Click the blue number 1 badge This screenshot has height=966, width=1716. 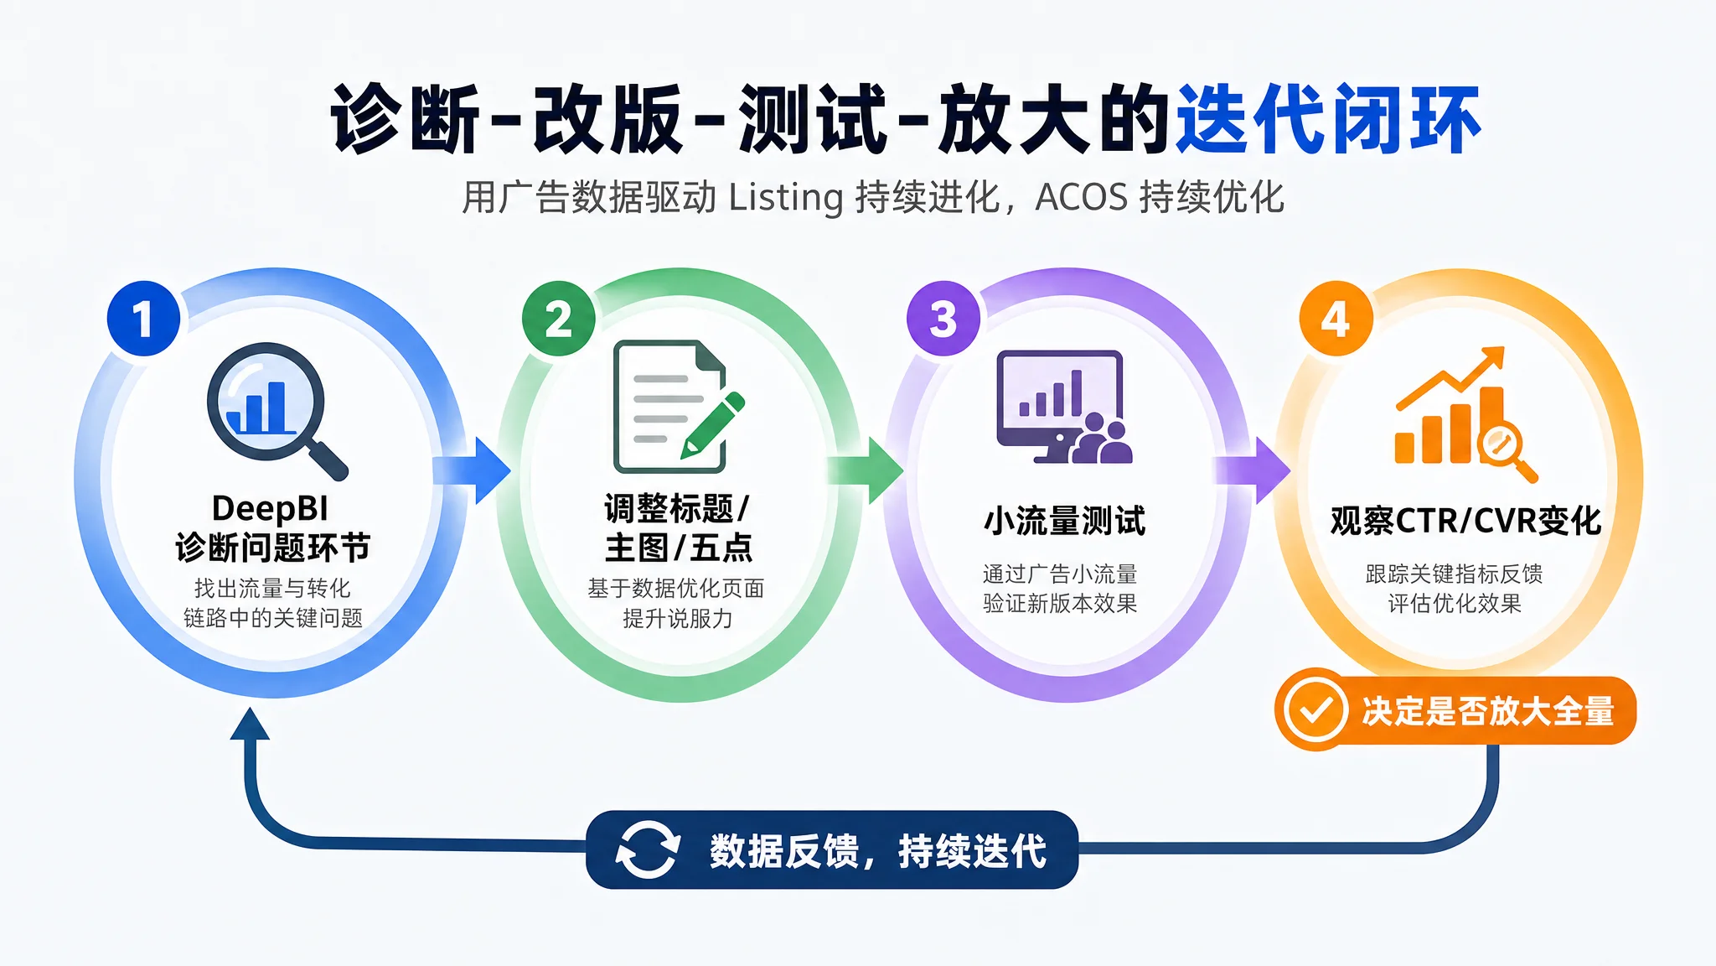tap(143, 319)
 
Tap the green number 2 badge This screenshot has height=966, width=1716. tap(558, 319)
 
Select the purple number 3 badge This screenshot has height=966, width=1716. tap(943, 319)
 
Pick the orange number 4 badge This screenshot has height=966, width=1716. tap(1336, 319)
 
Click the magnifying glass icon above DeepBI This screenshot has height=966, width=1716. tap(277, 411)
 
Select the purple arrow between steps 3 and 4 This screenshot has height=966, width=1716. tap(1253, 470)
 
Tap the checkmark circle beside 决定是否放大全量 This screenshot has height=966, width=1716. tap(1315, 710)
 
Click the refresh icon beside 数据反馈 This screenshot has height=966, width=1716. tap(647, 850)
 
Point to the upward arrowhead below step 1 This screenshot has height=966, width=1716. tap(250, 723)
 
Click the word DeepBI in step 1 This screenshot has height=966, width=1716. tap(270, 508)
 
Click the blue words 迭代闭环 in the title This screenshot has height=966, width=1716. tap(1329, 119)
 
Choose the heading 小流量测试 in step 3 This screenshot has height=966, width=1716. tap(1065, 521)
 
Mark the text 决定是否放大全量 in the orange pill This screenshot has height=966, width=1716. tap(1488, 711)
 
